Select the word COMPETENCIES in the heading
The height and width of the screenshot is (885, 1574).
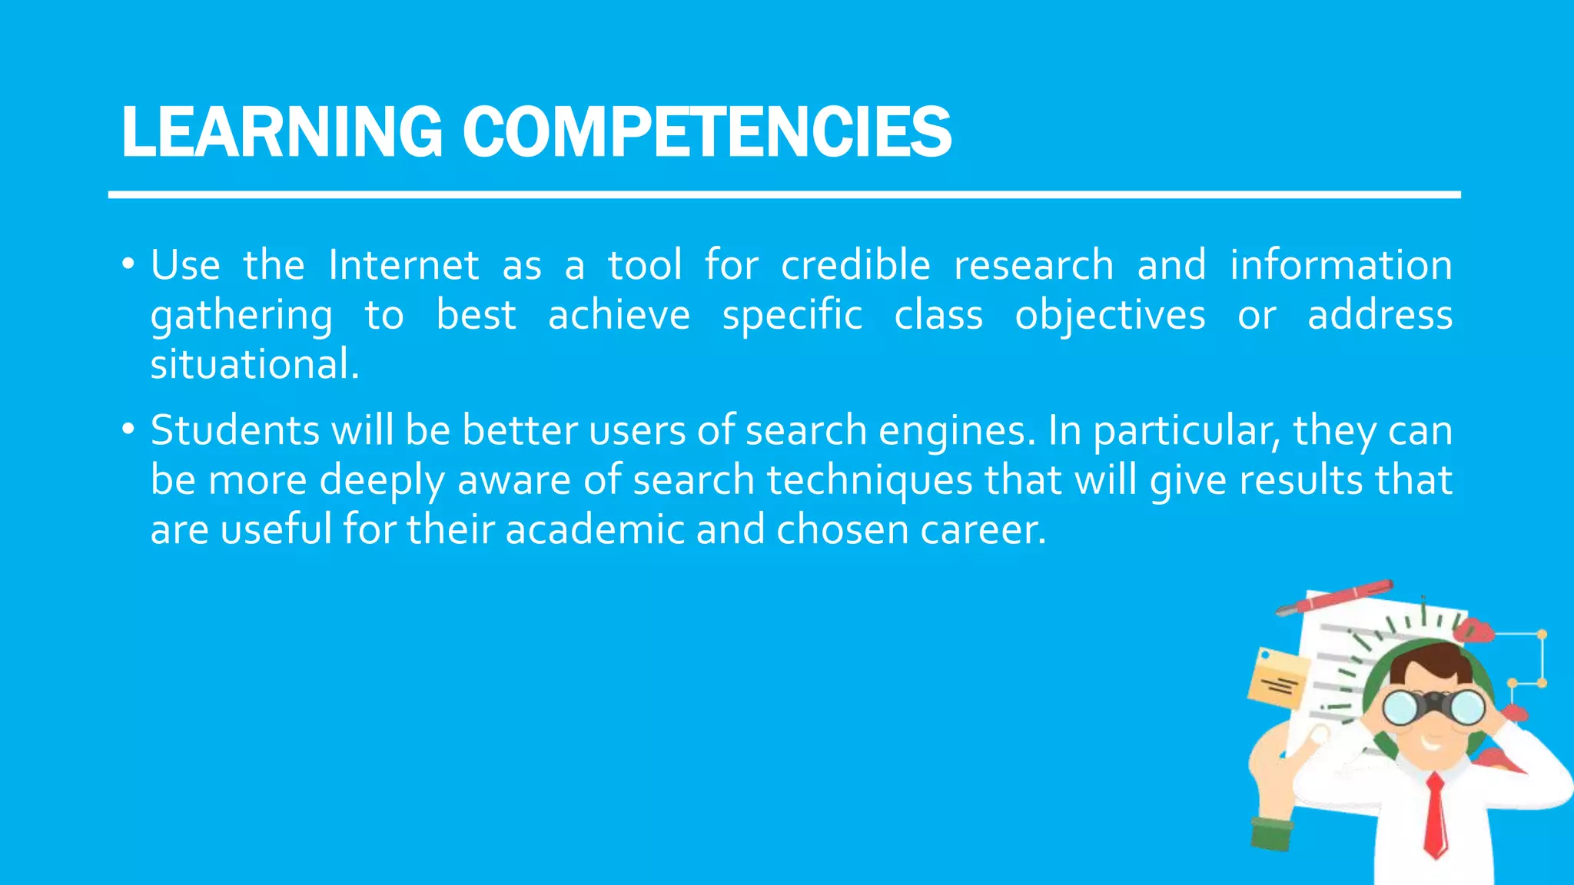pos(707,132)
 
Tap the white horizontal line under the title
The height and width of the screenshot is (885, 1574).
pos(784,195)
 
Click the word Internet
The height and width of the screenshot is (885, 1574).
pos(404,266)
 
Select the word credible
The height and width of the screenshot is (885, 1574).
pos(855,266)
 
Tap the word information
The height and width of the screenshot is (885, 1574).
pos(1341,266)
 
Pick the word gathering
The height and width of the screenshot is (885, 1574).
pos(241,317)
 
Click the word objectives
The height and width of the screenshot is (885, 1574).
pos(1110,317)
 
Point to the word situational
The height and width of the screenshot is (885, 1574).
pos(254,365)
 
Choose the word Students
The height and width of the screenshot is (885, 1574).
pos(234,430)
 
